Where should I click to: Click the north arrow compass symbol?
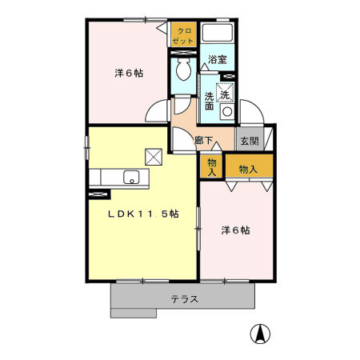[x=260, y=334]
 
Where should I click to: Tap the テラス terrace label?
[x=185, y=299]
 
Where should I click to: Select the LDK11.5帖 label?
[x=143, y=214]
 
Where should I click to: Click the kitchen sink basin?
[x=131, y=178]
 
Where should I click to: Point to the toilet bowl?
[x=184, y=70]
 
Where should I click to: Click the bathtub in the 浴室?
[x=218, y=33]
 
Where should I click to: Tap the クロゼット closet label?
[x=184, y=36]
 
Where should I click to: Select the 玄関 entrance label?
[x=250, y=141]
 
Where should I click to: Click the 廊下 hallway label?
[x=203, y=140]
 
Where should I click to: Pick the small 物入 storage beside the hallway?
[x=212, y=166]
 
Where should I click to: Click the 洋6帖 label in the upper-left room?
[x=129, y=73]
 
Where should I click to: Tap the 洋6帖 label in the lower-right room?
[x=235, y=230]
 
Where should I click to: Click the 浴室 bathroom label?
[x=218, y=59]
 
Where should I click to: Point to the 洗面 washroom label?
[x=209, y=101]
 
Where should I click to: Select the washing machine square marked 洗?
[x=225, y=92]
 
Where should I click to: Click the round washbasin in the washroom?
[x=227, y=112]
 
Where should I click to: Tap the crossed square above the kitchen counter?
[x=154, y=157]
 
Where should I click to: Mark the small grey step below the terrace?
[x=134, y=313]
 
